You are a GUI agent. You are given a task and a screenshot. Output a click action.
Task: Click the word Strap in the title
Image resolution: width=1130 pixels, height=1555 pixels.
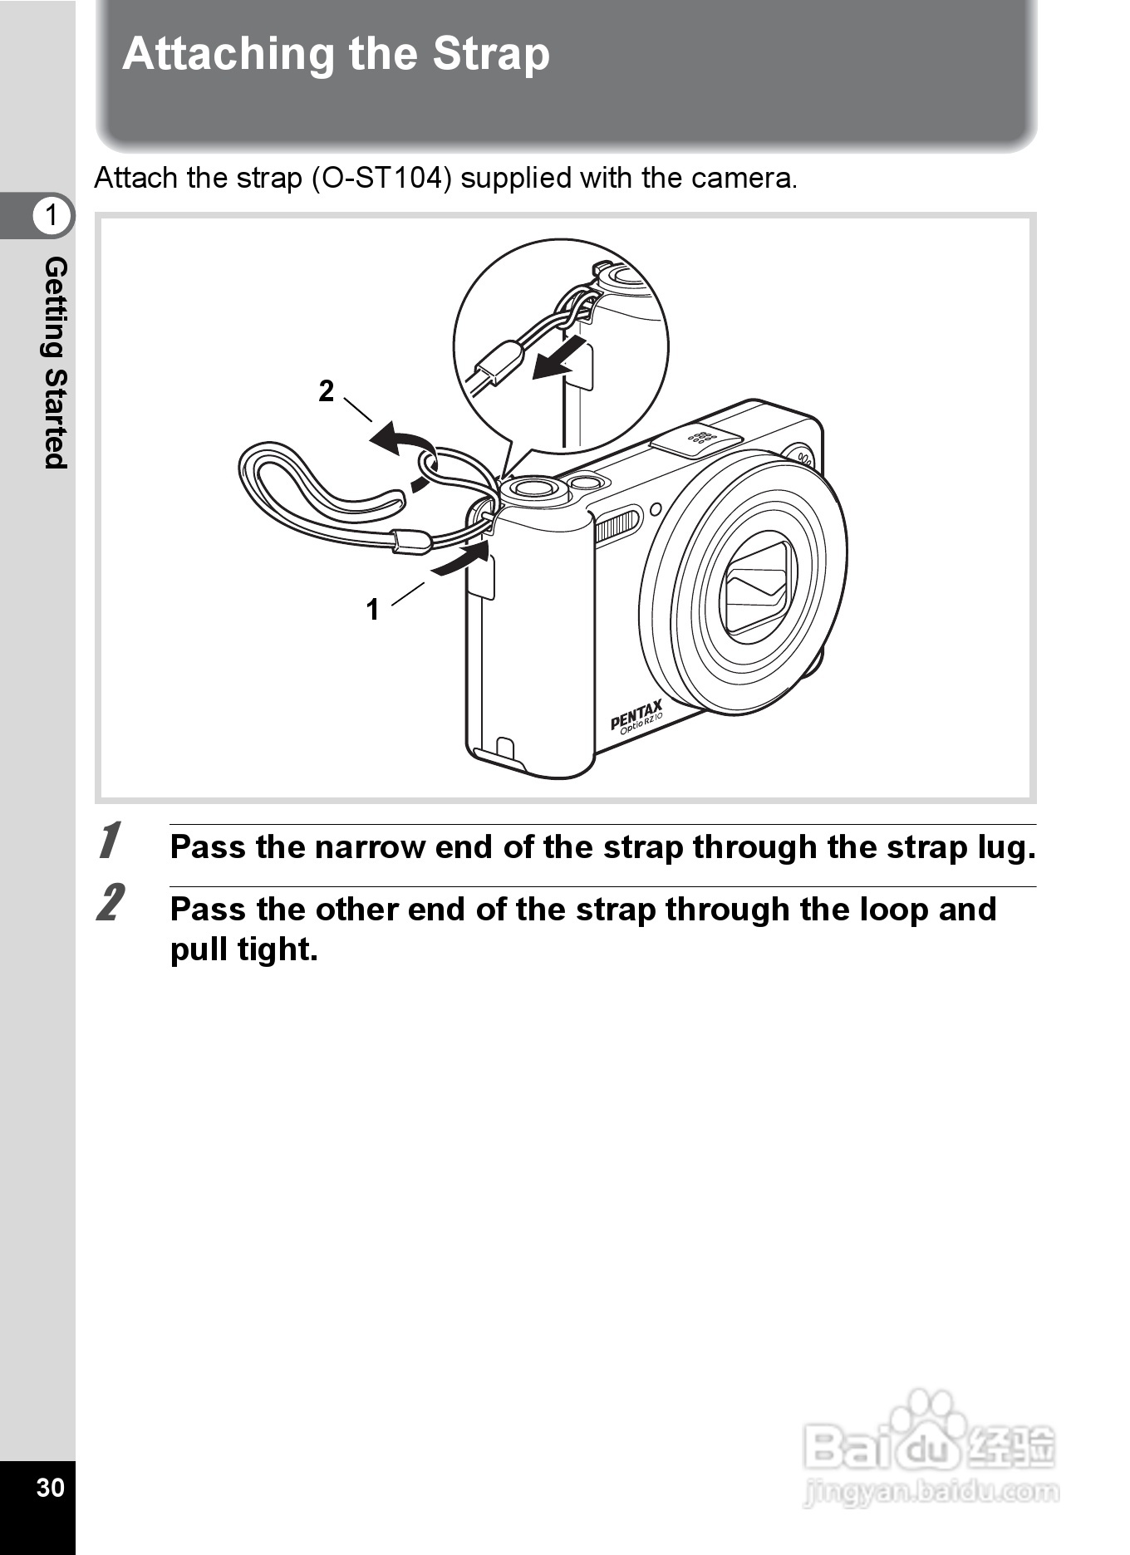(x=490, y=55)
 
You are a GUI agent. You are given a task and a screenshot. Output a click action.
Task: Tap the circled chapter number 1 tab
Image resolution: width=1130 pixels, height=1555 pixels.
(x=52, y=215)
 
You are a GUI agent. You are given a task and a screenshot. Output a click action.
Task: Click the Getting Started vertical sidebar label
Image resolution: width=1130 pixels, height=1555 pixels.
(x=55, y=362)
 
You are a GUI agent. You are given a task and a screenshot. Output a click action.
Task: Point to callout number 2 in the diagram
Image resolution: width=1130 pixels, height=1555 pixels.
(x=327, y=390)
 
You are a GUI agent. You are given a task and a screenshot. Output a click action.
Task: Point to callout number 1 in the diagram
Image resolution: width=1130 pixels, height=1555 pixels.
(x=372, y=610)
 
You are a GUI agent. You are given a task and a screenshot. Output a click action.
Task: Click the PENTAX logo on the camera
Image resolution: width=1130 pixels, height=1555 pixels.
(x=636, y=714)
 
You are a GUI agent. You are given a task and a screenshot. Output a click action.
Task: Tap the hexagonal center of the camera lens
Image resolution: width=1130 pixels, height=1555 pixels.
(x=756, y=586)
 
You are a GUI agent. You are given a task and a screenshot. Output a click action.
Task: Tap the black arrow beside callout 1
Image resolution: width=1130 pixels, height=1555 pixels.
(x=460, y=558)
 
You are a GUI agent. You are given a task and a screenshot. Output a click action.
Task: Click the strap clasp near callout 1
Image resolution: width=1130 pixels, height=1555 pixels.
(x=411, y=542)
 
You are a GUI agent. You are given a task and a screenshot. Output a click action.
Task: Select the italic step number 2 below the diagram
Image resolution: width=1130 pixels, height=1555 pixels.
(x=111, y=903)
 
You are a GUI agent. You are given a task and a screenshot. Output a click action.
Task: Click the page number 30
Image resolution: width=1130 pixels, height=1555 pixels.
(x=50, y=1487)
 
